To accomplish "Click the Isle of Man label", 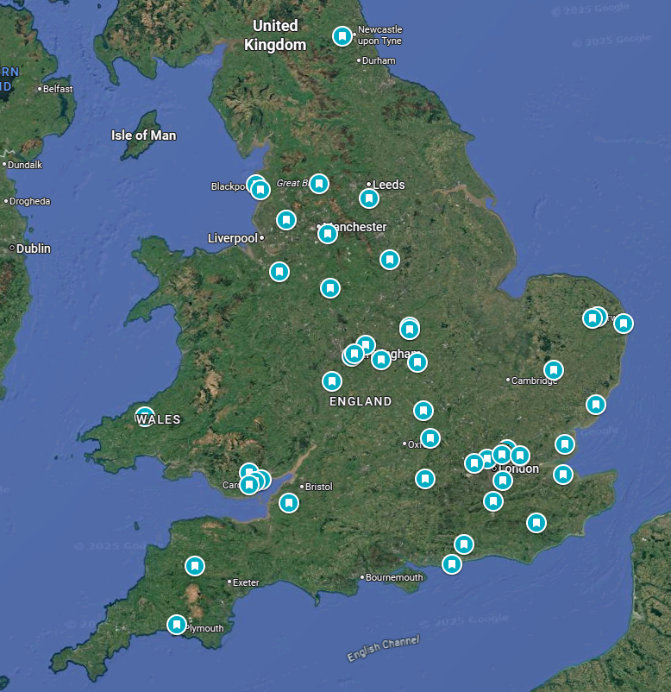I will (x=143, y=135).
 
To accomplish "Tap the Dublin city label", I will (x=34, y=248).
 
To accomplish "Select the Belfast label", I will (x=58, y=88).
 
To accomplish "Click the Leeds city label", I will (x=388, y=185).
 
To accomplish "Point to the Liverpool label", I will (x=233, y=238).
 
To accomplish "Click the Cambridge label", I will (x=535, y=381).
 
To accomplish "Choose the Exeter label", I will (x=246, y=582).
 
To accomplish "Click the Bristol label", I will (x=318, y=487).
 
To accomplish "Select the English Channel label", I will (x=383, y=649).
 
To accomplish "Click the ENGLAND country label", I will (x=361, y=402).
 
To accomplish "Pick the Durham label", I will (x=379, y=61).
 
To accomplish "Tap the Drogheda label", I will (x=30, y=201).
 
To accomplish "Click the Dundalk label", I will (x=26, y=165).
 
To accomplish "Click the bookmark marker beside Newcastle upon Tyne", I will (x=342, y=36).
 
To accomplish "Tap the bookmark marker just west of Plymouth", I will (x=177, y=624).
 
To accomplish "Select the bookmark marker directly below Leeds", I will (x=369, y=198).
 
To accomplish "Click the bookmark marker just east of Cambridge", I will (x=554, y=369).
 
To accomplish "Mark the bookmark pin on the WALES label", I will (x=145, y=415).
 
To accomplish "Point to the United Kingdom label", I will (x=275, y=35).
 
